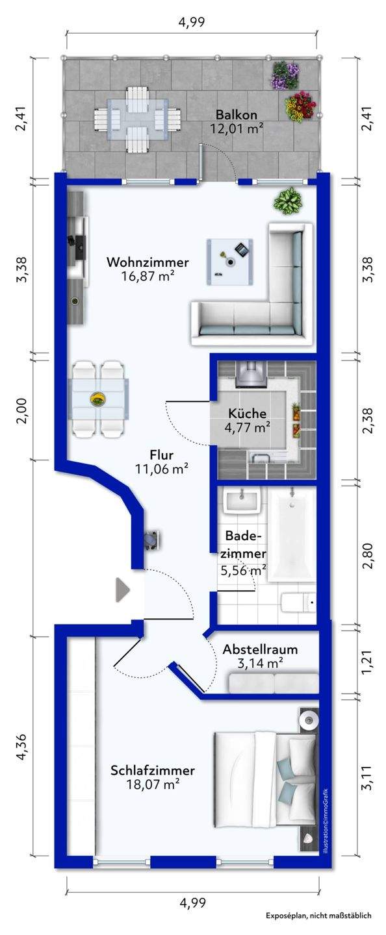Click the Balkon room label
[x=236, y=114]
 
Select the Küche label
[x=248, y=413]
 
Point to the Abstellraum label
[x=260, y=649]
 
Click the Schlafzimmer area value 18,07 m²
[x=153, y=784]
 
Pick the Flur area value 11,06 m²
[x=161, y=469]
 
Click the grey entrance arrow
[x=122, y=590]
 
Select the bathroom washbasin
[x=243, y=501]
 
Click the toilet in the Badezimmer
[x=298, y=602]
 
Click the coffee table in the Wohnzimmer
[x=229, y=262]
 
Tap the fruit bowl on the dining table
[x=98, y=400]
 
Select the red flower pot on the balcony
[x=300, y=107]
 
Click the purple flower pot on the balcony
[x=286, y=75]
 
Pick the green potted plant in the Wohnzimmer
[x=288, y=201]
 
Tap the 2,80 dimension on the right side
[x=368, y=556]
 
